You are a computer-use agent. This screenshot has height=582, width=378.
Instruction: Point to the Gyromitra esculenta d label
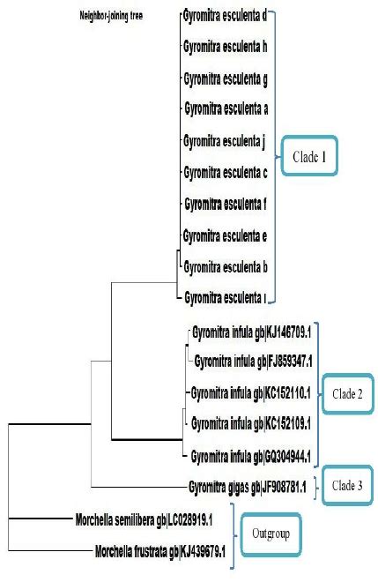[225, 15]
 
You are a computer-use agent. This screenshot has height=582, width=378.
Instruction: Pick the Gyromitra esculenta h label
[225, 48]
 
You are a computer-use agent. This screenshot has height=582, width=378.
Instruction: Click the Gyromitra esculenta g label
[225, 79]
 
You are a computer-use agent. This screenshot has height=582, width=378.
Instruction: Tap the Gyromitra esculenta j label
[225, 140]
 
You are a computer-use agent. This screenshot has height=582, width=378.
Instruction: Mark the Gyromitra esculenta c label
[225, 171]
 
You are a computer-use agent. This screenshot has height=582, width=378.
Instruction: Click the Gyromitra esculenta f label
[225, 205]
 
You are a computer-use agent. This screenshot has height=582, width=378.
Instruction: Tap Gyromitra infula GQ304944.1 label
[252, 455]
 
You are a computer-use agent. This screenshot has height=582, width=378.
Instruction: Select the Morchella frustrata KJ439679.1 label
[160, 552]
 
